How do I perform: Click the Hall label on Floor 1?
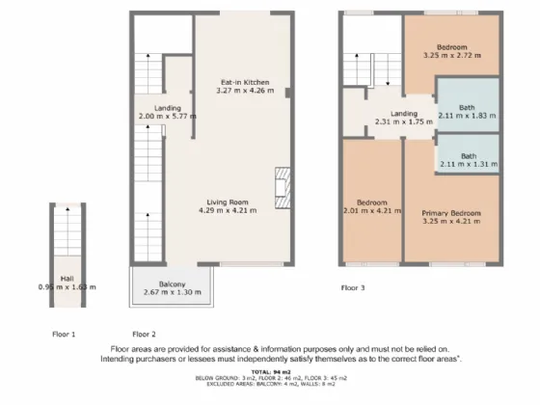(67, 278)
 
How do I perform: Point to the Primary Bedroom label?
(451, 211)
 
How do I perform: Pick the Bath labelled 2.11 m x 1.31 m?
(468, 156)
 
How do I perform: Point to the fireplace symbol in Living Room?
(282, 187)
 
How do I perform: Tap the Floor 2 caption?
(146, 333)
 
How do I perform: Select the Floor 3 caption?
(354, 286)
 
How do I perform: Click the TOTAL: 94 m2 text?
(269, 370)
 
